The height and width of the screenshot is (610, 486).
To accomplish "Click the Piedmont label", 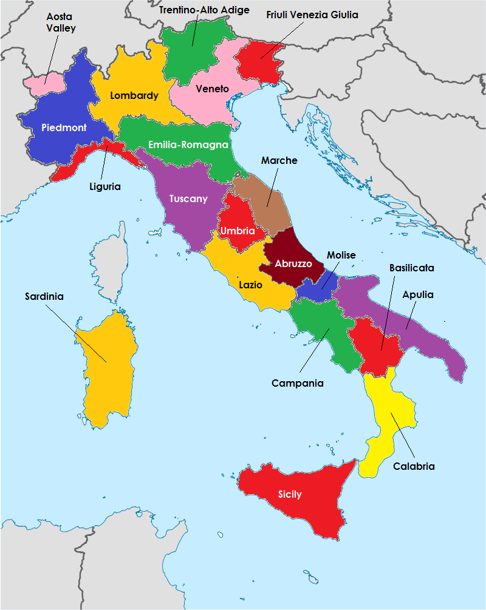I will tap(64, 128).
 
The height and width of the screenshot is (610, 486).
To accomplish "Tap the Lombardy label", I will tap(134, 95).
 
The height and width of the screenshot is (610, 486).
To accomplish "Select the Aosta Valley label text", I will tap(60, 22).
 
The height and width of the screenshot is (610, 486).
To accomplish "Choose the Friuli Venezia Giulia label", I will tap(312, 14).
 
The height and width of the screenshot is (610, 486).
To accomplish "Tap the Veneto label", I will tap(212, 89).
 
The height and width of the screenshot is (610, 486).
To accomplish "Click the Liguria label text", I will tap(104, 186).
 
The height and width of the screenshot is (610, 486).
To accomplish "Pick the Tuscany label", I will tap(188, 199).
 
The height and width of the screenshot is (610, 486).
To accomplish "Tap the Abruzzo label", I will tap(293, 264).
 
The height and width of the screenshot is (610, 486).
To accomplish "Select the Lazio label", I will tap(250, 284).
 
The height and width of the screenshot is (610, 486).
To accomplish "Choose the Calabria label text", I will tap(414, 467).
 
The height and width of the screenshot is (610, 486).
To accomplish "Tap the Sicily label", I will tap(290, 495).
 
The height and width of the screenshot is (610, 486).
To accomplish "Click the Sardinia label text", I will tap(44, 297).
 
